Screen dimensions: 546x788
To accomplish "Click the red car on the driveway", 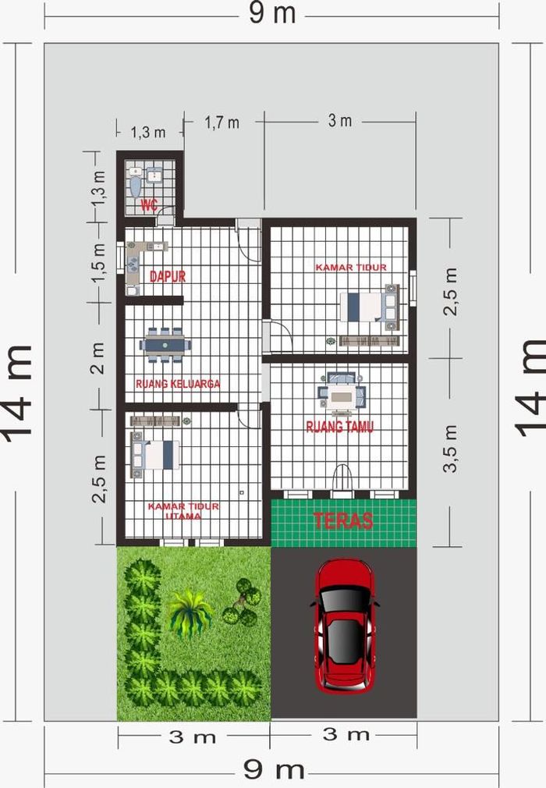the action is [x=344, y=626].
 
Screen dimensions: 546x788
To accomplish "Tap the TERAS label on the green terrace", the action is [x=343, y=520].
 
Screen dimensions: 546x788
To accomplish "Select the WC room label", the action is [x=149, y=205].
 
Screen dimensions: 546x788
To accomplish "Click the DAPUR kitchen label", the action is [x=168, y=276].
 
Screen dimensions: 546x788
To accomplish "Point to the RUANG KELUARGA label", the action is [x=178, y=384].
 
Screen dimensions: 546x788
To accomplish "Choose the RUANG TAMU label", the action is [x=340, y=428].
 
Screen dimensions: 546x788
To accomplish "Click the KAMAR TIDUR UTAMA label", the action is [x=183, y=511].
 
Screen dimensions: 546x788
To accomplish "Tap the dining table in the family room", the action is [x=165, y=345].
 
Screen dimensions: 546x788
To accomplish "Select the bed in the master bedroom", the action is [x=155, y=455].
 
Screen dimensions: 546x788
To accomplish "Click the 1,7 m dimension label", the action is [x=222, y=122].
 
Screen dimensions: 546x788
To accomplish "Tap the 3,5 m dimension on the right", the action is [x=451, y=449].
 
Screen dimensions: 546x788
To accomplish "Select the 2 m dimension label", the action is [x=97, y=358].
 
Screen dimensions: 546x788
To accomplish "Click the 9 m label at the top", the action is [x=272, y=13].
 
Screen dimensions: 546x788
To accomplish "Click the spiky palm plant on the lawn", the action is [x=189, y=612].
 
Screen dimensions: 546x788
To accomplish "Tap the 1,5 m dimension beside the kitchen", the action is [x=98, y=263].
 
